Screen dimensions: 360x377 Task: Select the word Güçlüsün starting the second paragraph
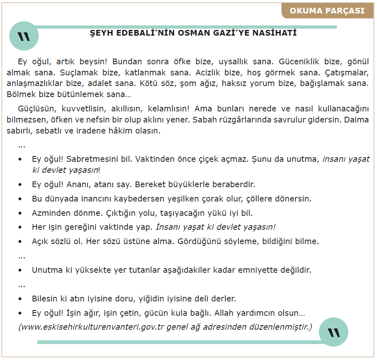click(35, 110)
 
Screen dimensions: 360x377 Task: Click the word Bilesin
click(45, 299)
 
